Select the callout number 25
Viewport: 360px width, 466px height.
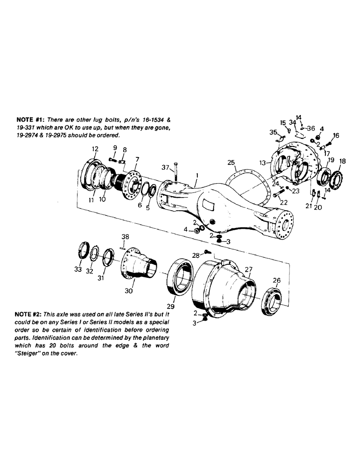[230, 163]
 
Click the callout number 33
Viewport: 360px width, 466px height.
[78, 269]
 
